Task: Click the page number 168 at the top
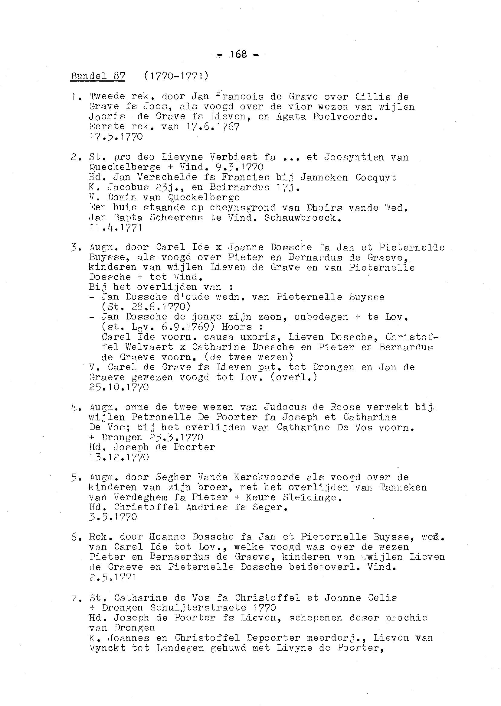click(x=238, y=54)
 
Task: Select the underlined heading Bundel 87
click(x=98, y=76)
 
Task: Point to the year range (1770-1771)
click(x=176, y=76)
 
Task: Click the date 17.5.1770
click(x=116, y=137)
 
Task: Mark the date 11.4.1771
click(x=116, y=228)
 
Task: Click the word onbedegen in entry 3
click(x=321, y=317)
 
